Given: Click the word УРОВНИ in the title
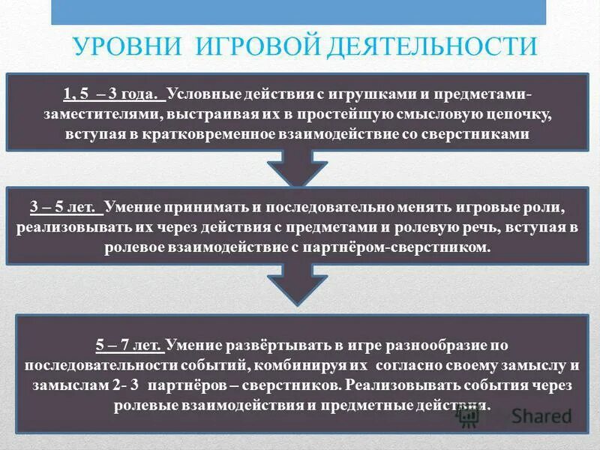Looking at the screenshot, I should click(124, 46).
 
